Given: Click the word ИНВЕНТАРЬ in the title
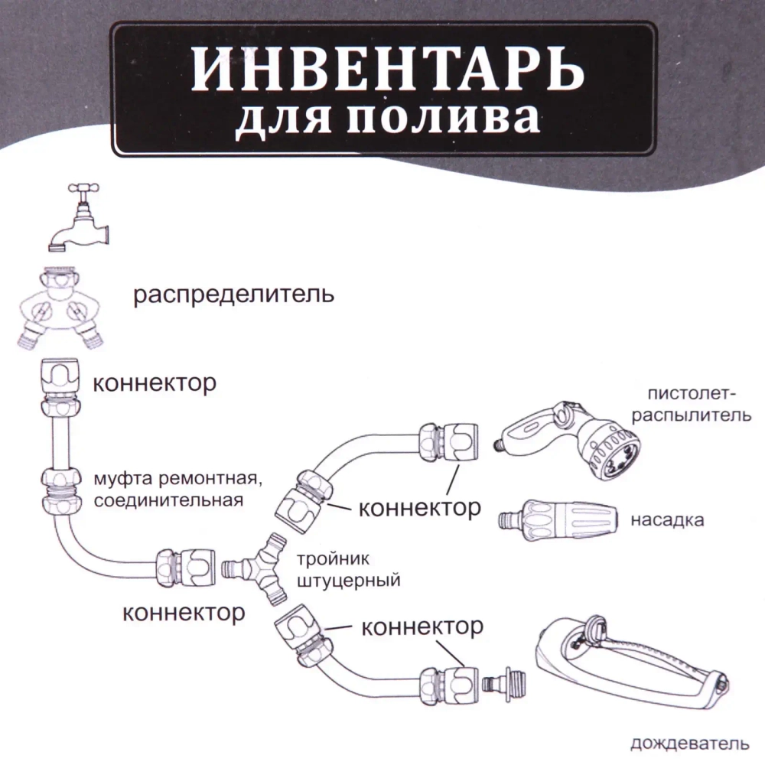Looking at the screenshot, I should (x=386, y=70).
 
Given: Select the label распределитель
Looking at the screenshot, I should (x=233, y=295).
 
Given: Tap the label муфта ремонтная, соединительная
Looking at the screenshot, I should (x=178, y=490).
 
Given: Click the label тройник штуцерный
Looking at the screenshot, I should (x=347, y=570).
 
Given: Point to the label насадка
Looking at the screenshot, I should (x=667, y=520).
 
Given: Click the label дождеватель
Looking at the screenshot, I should (x=685, y=743).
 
